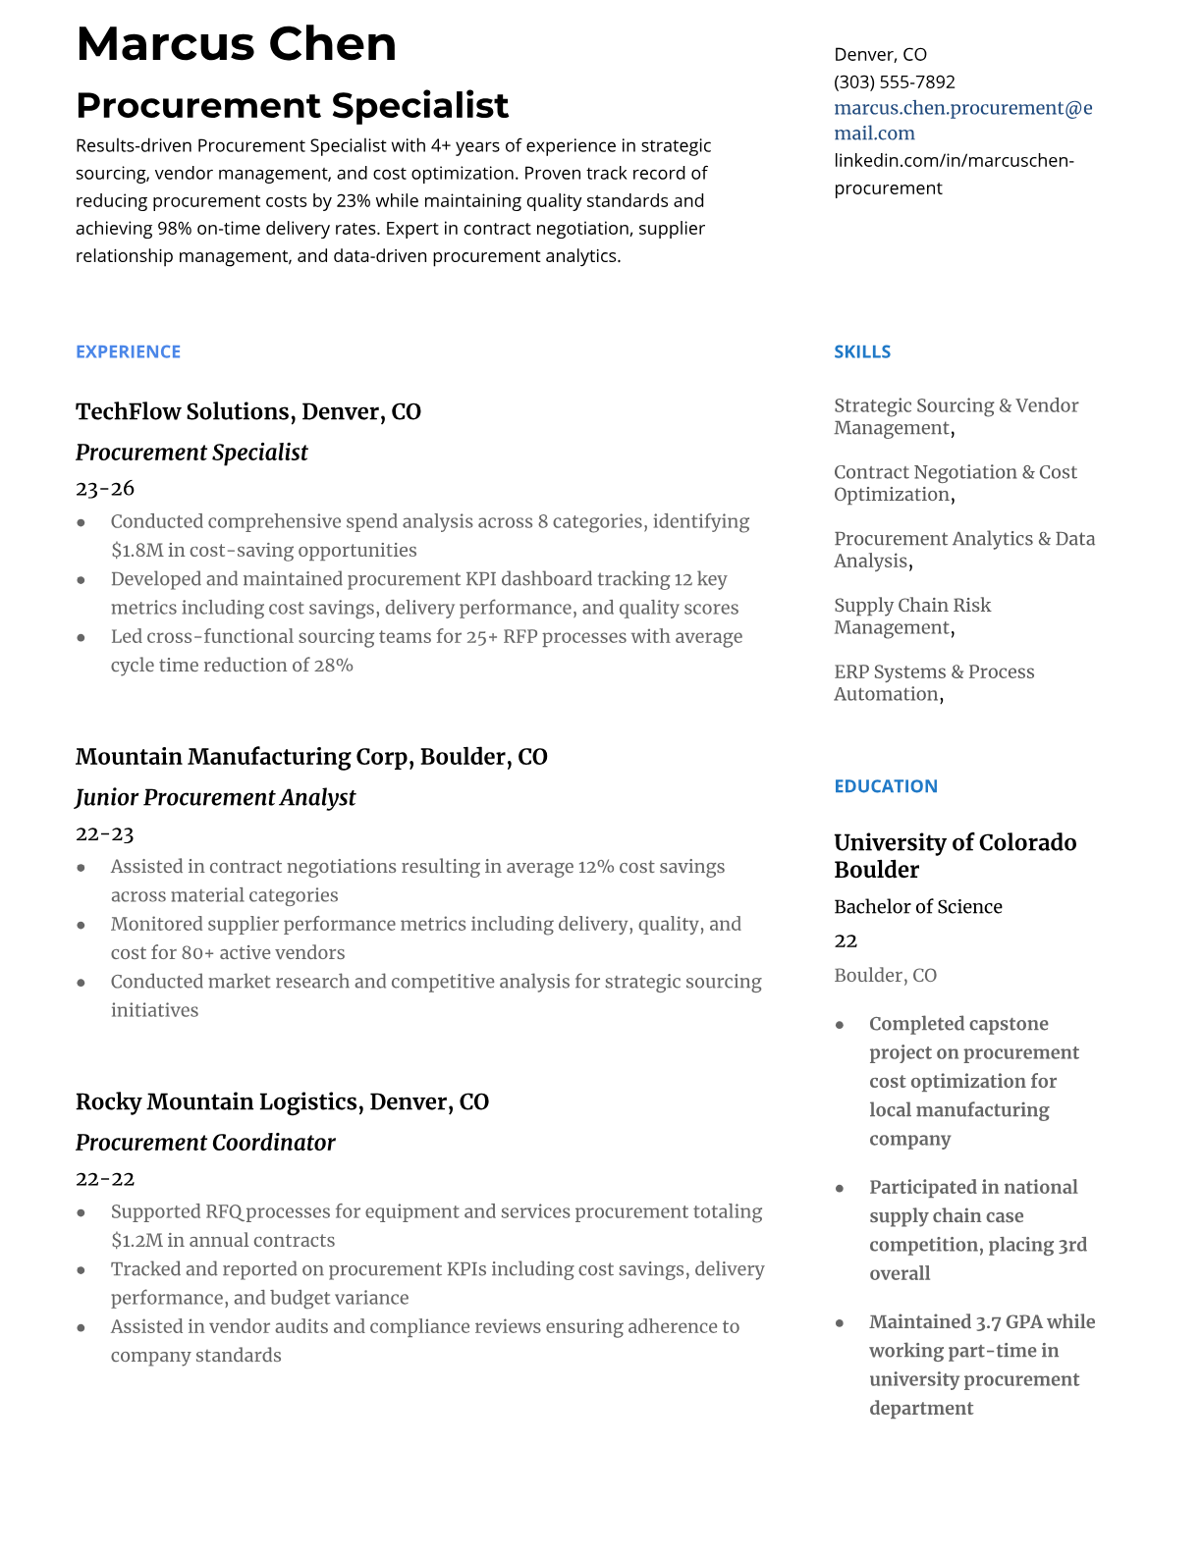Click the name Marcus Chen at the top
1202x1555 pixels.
pos(236,44)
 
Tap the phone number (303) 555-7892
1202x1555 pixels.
pos(894,81)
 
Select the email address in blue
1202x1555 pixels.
pos(962,120)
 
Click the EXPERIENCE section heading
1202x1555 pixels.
pos(128,351)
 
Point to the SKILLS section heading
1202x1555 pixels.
pos(861,351)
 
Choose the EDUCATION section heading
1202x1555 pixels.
pos(885,785)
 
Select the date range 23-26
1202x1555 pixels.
pos(104,488)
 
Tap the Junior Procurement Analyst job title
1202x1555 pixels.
pos(215,797)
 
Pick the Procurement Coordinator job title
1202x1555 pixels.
pos(205,1142)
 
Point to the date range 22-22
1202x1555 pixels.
pos(104,1178)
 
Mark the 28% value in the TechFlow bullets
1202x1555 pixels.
pos(333,665)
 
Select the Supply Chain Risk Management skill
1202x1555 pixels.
pos(911,616)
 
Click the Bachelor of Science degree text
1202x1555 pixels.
pos(917,906)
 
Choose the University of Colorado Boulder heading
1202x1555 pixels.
pos(955,855)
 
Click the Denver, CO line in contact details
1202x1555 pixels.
pos(880,54)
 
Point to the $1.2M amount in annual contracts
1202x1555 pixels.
pos(137,1240)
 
